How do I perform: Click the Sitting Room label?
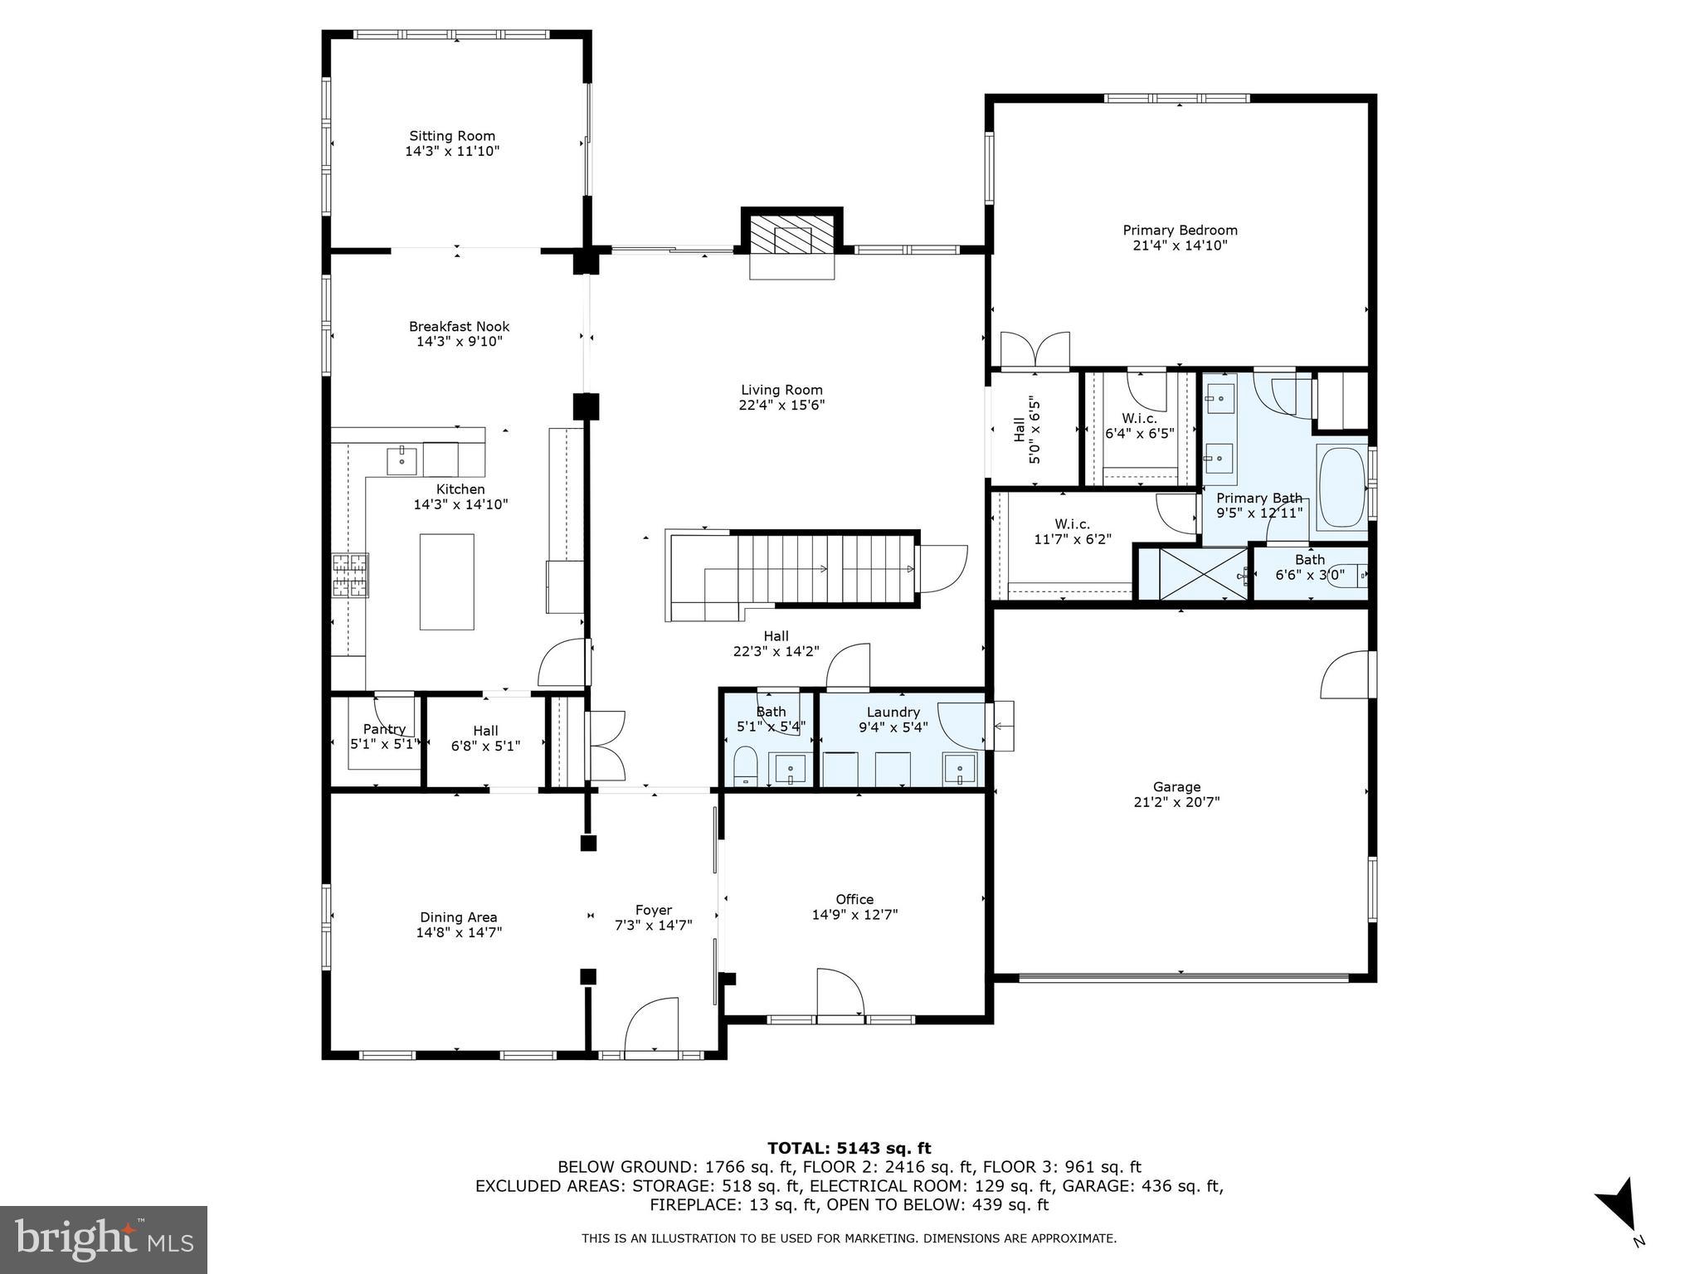point(452,136)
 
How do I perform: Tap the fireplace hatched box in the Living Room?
point(791,236)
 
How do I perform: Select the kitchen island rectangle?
point(446,582)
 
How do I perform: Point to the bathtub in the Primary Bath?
point(1341,488)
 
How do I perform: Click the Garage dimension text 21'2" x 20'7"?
point(1176,802)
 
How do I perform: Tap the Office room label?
point(854,899)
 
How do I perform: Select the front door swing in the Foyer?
point(652,1026)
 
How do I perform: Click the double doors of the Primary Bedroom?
point(1034,350)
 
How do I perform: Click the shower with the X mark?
point(1191,573)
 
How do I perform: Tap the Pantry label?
point(384,729)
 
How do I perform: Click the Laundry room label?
point(893,712)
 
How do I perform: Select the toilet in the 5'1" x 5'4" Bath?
point(746,764)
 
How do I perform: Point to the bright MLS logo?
point(104,1239)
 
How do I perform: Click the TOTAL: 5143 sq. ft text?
point(849,1148)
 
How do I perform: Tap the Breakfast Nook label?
point(459,327)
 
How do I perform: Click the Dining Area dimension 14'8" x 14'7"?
point(459,932)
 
